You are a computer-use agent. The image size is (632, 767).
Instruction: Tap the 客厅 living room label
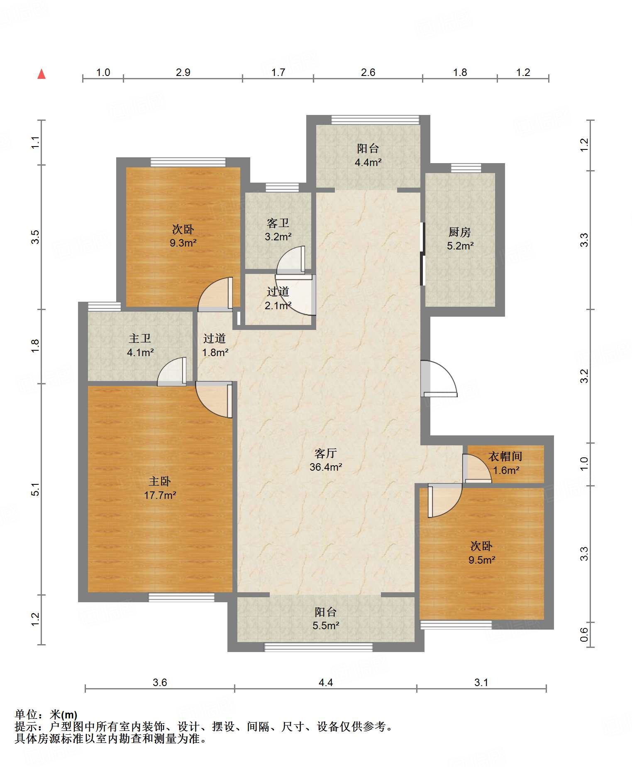click(x=325, y=453)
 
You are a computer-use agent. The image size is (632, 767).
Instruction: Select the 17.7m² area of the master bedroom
click(x=160, y=495)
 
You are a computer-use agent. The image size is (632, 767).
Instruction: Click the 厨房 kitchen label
click(x=460, y=232)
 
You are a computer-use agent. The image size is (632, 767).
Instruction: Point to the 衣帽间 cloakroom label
click(x=505, y=457)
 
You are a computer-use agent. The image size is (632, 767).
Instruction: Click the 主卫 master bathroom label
click(x=140, y=339)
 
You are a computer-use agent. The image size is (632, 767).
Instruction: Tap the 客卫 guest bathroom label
click(x=278, y=223)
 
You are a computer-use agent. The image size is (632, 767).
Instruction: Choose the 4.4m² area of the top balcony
click(x=368, y=162)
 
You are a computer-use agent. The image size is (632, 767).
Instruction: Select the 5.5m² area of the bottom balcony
click(x=326, y=625)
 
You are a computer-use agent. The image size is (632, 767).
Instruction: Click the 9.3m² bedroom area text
click(x=183, y=243)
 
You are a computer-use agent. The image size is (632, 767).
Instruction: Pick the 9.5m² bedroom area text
click(x=482, y=560)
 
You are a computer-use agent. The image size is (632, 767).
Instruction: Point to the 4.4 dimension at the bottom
click(x=326, y=682)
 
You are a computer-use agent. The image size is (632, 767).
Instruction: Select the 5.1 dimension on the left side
click(x=36, y=489)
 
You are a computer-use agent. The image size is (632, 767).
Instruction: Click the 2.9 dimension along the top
click(x=183, y=73)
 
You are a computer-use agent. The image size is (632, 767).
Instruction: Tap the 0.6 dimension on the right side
click(x=584, y=634)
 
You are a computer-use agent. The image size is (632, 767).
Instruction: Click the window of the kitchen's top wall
click(x=466, y=168)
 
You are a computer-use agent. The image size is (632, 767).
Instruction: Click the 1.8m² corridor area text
click(x=215, y=353)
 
